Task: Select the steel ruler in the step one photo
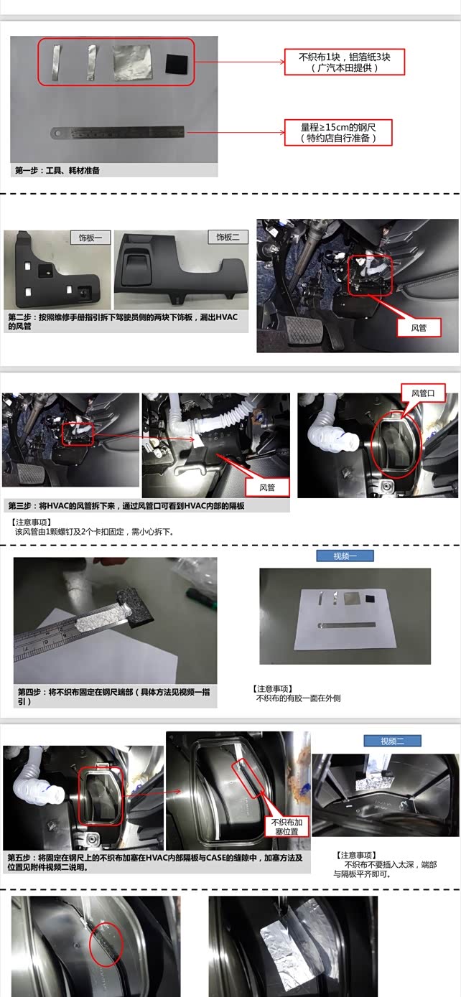118,132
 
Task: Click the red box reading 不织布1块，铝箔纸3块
344,62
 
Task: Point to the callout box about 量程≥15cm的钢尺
338,132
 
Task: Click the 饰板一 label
90,238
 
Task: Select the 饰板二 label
228,238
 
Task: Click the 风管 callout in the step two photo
419,328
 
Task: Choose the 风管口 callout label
423,393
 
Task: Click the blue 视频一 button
345,556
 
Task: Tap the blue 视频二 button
392,741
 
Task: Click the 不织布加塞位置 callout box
286,827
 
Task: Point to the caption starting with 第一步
57,170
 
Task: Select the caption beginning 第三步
126,505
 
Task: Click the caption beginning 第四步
113,696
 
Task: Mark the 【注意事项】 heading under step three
31,522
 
